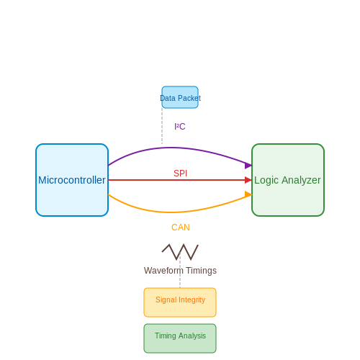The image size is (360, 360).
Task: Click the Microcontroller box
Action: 72,180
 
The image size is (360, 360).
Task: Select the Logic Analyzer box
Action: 288,180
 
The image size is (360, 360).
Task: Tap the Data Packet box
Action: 180,97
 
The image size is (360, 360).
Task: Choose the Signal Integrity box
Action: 180,302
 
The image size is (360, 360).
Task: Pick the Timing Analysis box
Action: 180,338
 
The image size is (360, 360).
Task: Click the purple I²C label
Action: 180,127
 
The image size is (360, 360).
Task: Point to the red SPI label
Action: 180,174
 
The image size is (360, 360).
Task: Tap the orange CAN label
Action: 181,228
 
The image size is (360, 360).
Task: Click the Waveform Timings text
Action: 180,271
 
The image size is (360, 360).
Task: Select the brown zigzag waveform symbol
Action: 180,252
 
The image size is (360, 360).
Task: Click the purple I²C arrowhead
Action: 248,166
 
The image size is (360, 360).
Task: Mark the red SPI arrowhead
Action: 248,180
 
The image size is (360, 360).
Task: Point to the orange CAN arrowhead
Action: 248,194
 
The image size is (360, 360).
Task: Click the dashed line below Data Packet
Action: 162,126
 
